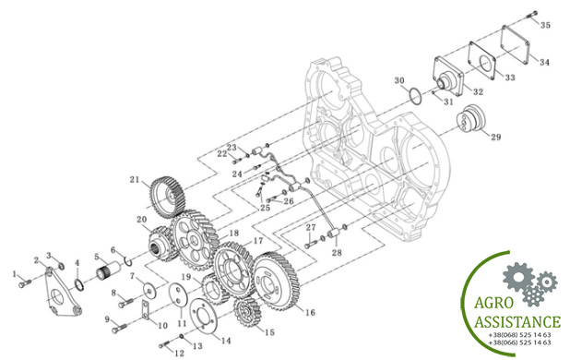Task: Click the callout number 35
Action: [545, 25]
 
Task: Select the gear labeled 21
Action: [167, 198]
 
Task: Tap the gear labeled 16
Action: [276, 281]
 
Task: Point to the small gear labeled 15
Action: [248, 312]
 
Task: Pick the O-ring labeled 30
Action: [415, 96]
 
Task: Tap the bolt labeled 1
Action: [25, 283]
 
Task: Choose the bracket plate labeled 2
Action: [61, 292]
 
